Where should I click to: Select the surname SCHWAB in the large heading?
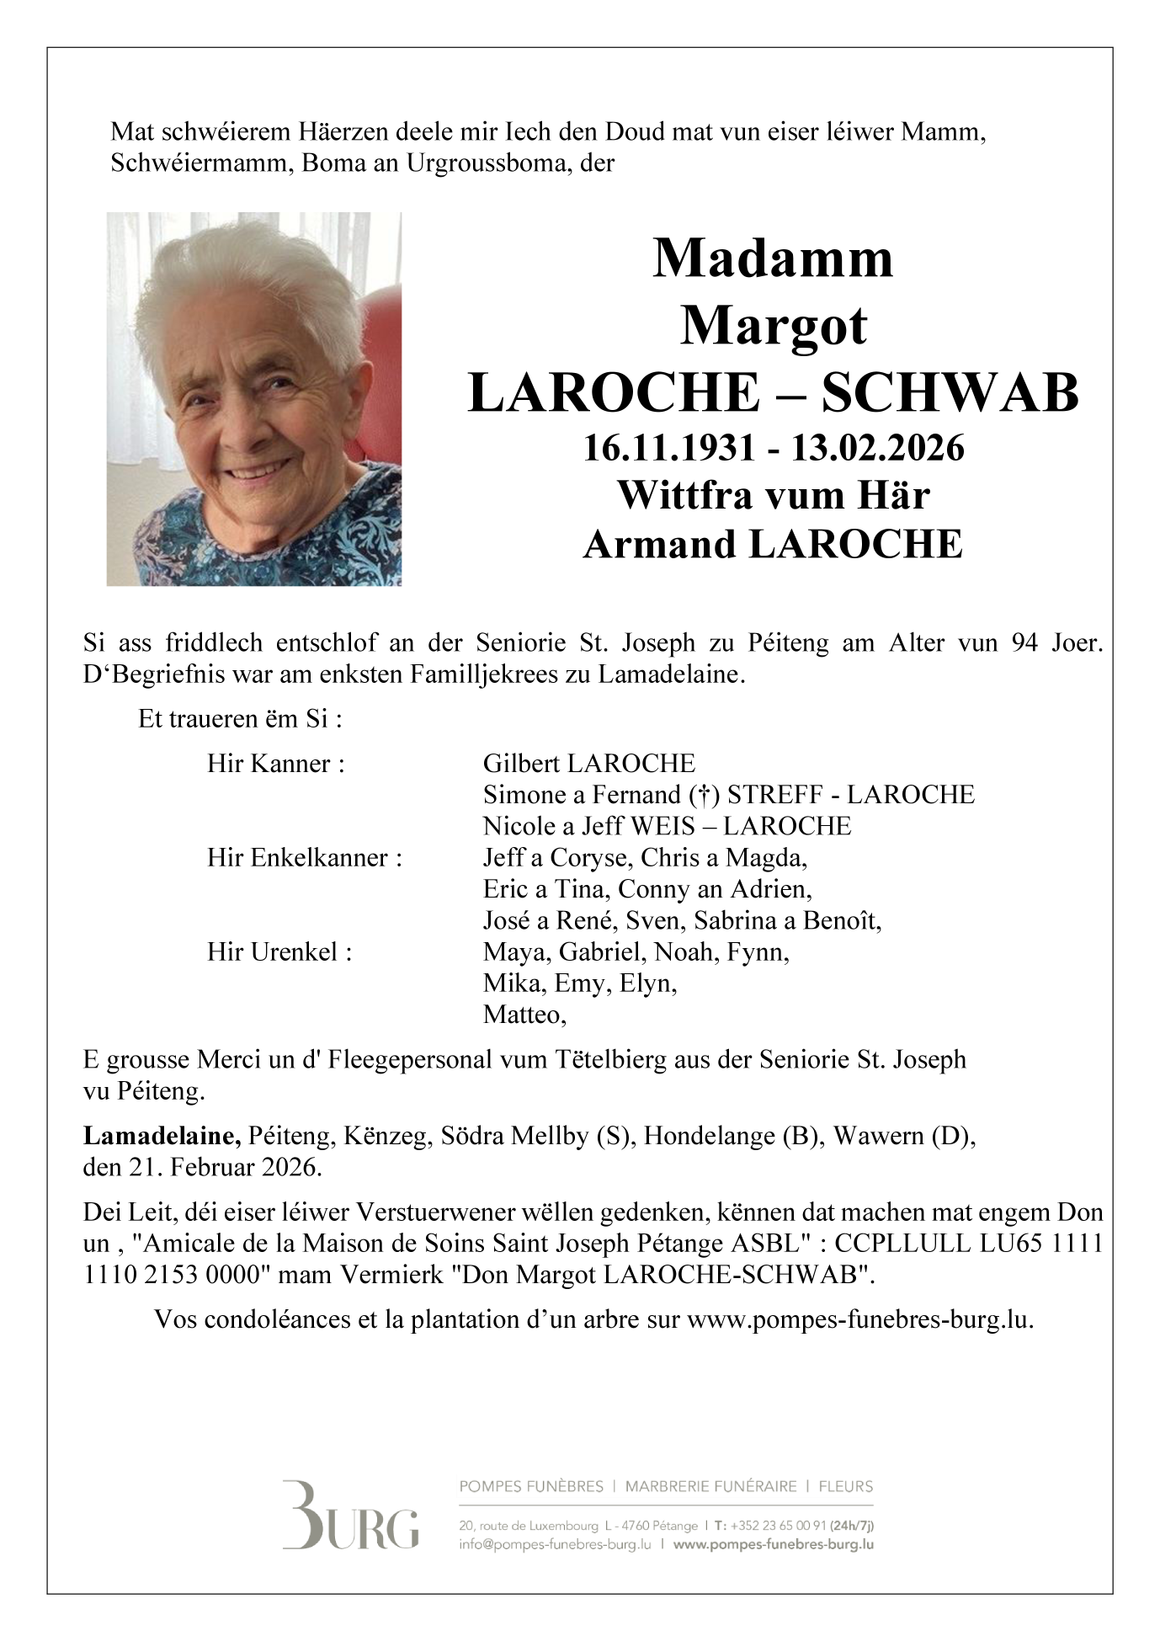pos(950,392)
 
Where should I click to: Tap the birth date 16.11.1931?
pos(669,448)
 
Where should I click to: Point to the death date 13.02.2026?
pos(877,448)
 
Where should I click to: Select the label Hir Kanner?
pos(276,764)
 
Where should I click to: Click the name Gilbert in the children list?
pos(521,764)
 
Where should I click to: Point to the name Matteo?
pos(523,1015)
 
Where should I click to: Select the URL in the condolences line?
pos(859,1319)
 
